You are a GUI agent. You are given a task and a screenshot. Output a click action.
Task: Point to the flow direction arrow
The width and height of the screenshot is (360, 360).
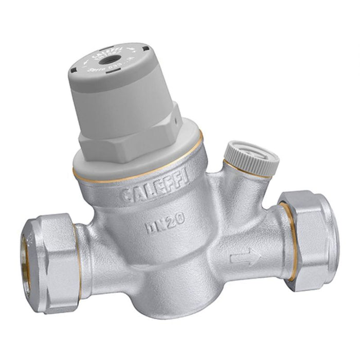click(x=245, y=255)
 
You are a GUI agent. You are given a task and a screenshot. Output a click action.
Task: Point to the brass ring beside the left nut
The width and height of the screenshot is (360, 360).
click(x=77, y=242)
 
